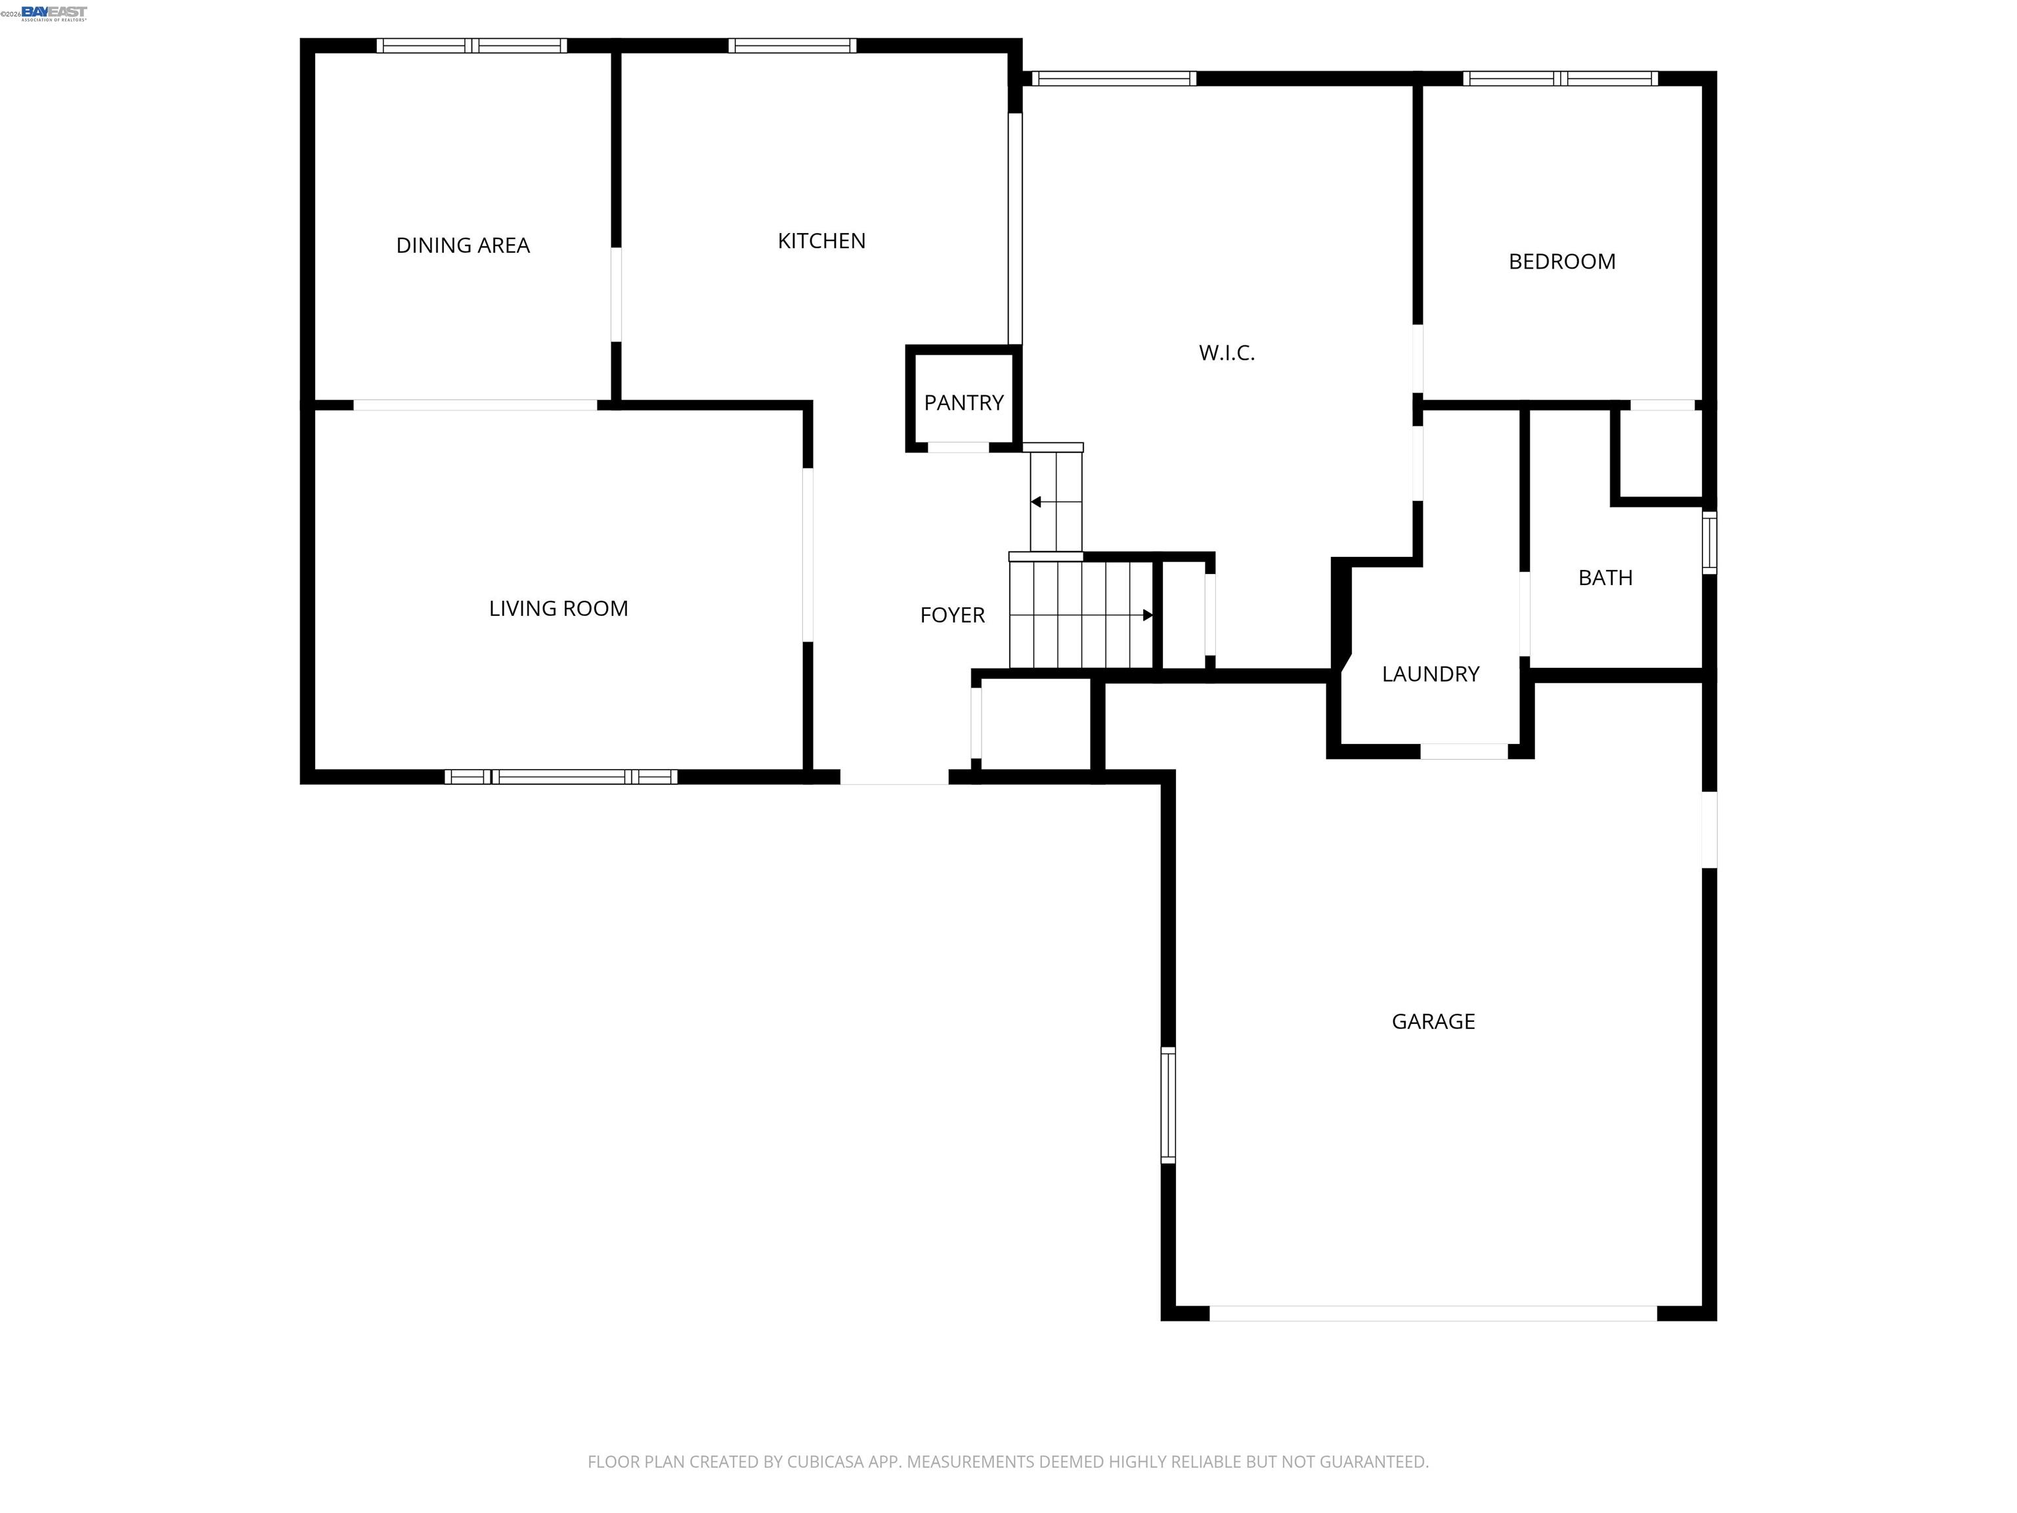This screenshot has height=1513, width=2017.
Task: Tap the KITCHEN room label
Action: click(821, 241)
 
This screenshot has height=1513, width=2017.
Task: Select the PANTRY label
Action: click(963, 402)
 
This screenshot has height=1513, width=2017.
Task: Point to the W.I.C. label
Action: click(1226, 353)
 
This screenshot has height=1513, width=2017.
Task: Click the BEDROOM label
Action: click(1561, 262)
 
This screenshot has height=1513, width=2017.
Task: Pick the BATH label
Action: click(1605, 577)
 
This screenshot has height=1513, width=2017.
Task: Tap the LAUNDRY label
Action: click(1430, 674)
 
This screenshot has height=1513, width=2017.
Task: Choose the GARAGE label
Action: click(1433, 1021)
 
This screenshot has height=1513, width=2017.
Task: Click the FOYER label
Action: click(952, 615)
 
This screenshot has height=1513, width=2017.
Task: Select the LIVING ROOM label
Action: click(558, 608)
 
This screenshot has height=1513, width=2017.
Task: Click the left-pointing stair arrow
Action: click(1036, 502)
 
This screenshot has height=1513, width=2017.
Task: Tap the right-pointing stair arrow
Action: click(1147, 615)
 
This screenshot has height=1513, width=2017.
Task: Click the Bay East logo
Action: click(54, 12)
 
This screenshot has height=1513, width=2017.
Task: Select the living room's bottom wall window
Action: click(561, 777)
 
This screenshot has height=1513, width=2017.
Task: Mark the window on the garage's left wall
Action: click(1167, 1105)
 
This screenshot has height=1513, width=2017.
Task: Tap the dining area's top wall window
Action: click(471, 45)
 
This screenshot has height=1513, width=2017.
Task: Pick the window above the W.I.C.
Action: click(1114, 78)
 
